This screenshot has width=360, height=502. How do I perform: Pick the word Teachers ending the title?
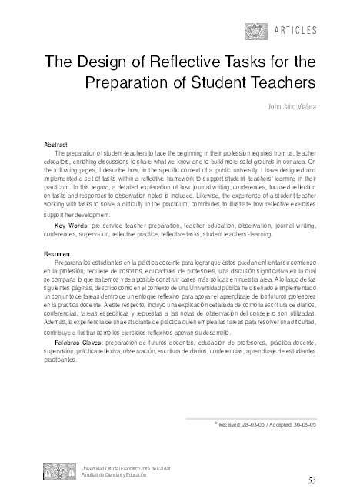click(x=278, y=81)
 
